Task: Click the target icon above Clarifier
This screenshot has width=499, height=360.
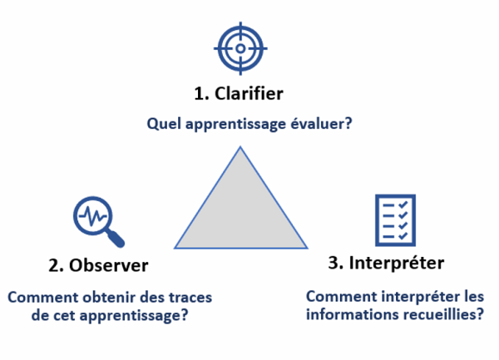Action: [240, 49]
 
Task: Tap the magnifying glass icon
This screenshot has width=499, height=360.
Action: [96, 219]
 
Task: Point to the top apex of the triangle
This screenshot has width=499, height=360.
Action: [240, 148]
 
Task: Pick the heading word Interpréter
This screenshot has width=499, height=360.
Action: [398, 264]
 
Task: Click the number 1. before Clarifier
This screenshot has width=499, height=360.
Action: [202, 93]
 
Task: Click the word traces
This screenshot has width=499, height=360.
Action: [190, 298]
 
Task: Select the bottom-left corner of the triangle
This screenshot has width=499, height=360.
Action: [175, 247]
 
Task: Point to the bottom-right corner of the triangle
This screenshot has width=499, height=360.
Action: [306, 247]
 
